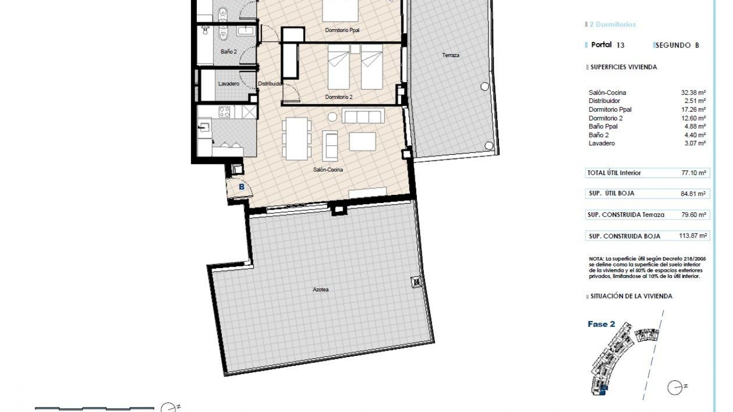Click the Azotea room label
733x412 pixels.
(x=321, y=290)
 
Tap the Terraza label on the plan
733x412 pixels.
(x=450, y=55)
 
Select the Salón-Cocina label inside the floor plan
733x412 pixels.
(x=328, y=170)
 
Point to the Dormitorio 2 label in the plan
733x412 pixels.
(x=339, y=97)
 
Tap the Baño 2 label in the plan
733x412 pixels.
(x=229, y=52)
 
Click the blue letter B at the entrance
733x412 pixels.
(x=241, y=187)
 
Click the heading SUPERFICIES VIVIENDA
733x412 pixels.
(x=623, y=67)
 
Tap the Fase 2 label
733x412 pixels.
(x=601, y=324)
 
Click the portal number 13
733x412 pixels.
(x=620, y=45)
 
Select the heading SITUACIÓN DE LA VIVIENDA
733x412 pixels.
(x=631, y=296)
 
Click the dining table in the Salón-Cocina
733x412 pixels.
(x=296, y=138)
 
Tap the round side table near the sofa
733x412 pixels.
(x=332, y=116)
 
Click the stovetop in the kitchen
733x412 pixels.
(x=224, y=112)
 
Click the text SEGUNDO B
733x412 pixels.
(x=677, y=45)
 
